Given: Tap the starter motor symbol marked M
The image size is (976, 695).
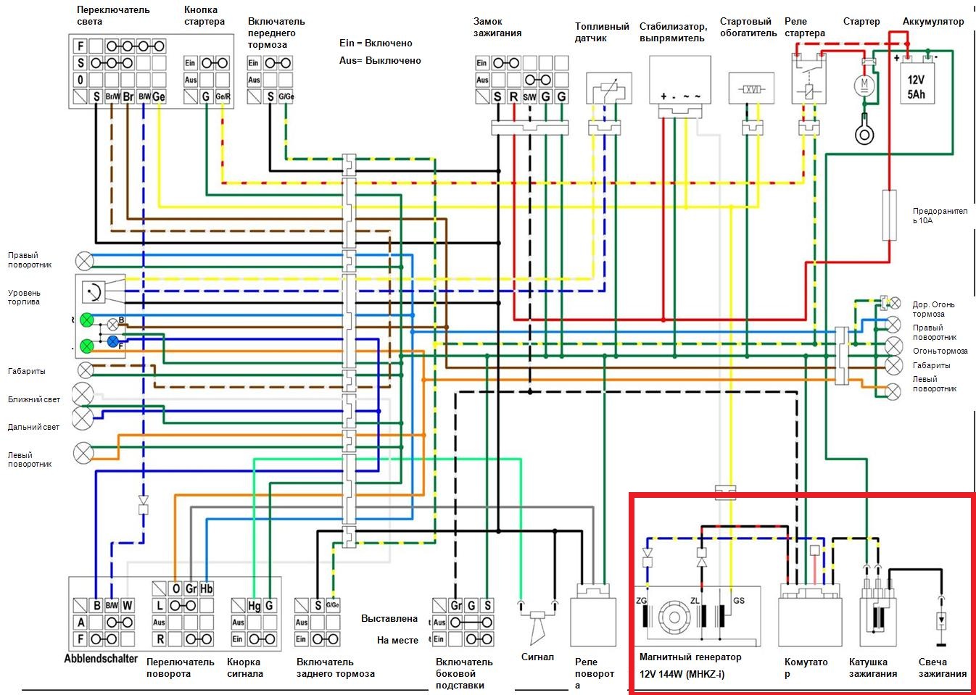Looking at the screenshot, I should coord(864,85).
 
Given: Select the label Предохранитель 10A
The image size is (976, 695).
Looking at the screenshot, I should coord(940,215).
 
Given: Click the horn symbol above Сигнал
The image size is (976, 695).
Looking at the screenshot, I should coord(537,627).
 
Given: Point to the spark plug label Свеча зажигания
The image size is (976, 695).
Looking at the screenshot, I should coord(942,667).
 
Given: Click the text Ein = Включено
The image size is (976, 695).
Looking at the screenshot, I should coord(376,43).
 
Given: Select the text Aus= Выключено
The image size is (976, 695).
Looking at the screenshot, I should coord(380,61).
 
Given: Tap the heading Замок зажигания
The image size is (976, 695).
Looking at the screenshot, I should coord(497,27).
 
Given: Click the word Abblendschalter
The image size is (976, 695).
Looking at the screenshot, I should coord(101,659).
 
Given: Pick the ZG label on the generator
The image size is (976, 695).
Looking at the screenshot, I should coord(641,601).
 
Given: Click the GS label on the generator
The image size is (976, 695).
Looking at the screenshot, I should coord(739,601).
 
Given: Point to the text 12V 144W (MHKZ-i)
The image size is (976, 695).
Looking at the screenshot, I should coord(682,674).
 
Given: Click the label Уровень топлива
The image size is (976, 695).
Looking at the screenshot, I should coord(24,297).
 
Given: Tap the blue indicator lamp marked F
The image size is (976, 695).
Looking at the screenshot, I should coord(113,341).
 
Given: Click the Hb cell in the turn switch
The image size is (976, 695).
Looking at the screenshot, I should coord(207,588).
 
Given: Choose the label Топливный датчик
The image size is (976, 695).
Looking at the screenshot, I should coord(602,32).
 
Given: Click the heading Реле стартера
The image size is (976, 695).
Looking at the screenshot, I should coord(804,27).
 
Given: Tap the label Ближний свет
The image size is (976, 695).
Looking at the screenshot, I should coord(34,399).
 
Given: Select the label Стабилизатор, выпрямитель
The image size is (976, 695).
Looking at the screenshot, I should coord(672,32).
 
